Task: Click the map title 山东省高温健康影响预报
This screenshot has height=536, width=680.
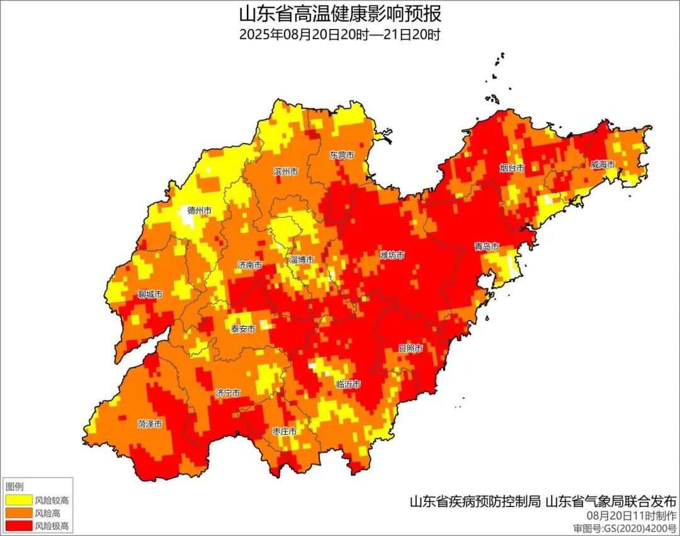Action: (340, 13)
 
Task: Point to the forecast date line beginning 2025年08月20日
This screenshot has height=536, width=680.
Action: (340, 34)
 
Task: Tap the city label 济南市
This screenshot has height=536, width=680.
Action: (250, 265)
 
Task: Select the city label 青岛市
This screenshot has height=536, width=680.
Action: (487, 246)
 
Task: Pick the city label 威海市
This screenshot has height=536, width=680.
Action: (603, 164)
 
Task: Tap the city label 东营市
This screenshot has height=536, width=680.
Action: (341, 154)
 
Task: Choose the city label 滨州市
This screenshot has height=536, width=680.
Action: (286, 171)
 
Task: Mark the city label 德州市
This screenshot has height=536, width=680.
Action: (200, 210)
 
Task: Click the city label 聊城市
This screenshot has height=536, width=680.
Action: (150, 294)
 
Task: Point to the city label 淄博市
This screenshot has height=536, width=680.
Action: (302, 259)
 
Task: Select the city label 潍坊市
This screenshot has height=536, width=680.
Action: (392, 255)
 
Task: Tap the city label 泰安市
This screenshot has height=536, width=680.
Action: (242, 329)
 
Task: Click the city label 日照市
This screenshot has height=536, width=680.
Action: (410, 348)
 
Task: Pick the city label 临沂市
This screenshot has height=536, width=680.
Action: (348, 384)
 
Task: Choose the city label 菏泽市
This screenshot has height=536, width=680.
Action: (150, 424)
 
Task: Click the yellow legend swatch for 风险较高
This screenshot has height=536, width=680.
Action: (18, 500)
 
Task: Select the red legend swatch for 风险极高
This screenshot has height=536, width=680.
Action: (18, 525)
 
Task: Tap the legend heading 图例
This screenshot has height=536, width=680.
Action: (14, 487)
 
